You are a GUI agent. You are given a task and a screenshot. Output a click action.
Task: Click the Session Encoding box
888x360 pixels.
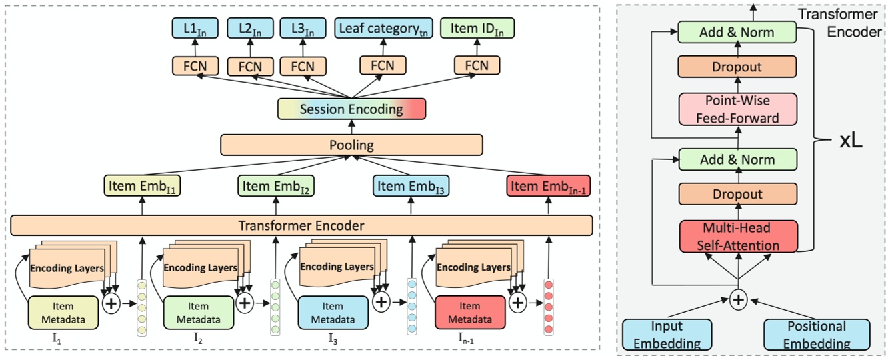351,109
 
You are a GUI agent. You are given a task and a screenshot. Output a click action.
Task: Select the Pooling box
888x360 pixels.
351,145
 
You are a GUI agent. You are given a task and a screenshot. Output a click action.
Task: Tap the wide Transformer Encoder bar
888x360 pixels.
301,225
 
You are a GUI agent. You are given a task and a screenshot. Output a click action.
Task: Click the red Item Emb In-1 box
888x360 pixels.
549,186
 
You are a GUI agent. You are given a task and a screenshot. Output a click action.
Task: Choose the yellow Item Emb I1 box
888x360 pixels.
142,186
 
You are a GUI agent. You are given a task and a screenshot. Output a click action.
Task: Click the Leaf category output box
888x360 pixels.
383,29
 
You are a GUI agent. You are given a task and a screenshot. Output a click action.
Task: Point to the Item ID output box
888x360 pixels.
477,29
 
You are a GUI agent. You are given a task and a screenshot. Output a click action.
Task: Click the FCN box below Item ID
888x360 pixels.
476,65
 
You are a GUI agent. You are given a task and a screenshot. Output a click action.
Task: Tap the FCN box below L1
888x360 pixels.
195,65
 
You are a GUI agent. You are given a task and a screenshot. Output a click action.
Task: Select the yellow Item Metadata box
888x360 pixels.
63,313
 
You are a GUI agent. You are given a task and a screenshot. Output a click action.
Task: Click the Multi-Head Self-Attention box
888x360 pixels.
737,237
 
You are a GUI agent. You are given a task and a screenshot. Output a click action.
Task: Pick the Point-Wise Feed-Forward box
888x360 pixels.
737,109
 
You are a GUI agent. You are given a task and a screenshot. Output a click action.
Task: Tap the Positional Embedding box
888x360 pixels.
816,335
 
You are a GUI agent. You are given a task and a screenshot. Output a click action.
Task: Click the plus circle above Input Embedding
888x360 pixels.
737,300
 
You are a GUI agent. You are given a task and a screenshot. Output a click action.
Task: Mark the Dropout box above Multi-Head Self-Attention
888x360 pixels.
737,194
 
